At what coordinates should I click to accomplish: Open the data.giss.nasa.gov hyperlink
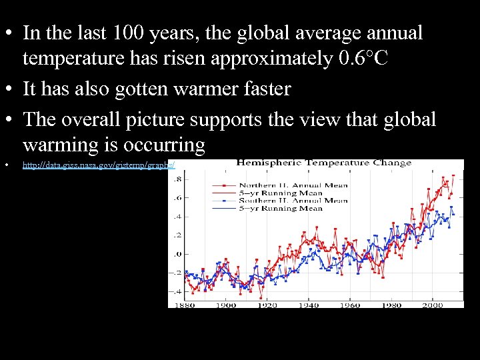99,164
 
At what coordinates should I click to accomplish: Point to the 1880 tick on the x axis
186,305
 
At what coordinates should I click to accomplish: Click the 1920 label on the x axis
268,305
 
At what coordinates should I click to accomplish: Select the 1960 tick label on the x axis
350,305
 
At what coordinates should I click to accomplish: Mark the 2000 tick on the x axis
432,305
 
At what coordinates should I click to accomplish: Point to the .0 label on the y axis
177,254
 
